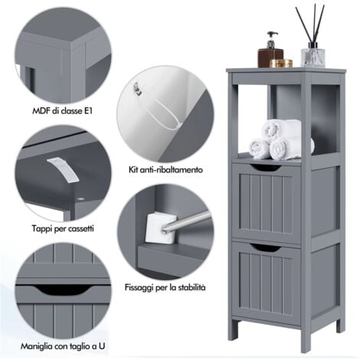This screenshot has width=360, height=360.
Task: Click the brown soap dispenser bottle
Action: click(271, 54)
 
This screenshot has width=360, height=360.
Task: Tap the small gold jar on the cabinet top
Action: click(286, 63)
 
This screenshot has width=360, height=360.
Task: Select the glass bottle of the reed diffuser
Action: click(311, 56)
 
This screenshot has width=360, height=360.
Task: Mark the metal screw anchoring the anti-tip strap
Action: click(138, 90)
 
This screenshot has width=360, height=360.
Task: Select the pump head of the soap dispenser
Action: click(271, 37)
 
